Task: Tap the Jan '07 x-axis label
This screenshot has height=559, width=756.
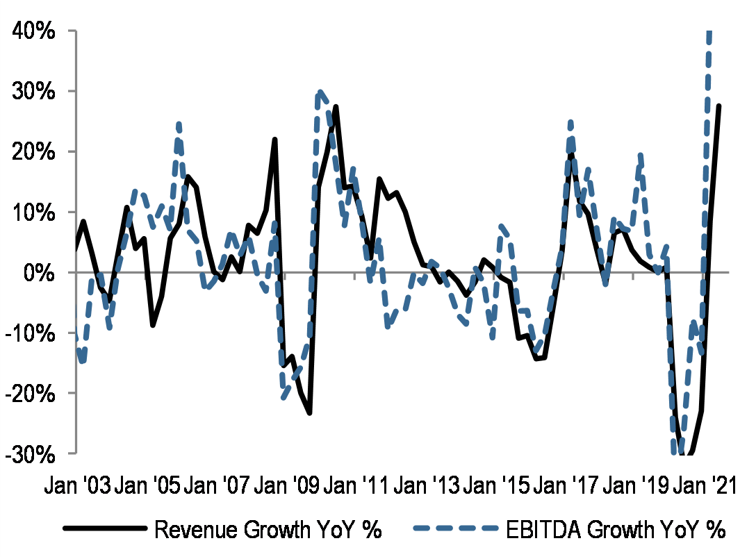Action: [215, 485]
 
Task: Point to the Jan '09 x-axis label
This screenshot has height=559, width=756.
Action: [286, 485]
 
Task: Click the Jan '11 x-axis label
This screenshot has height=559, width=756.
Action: [355, 485]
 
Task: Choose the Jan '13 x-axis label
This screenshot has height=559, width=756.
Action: [425, 485]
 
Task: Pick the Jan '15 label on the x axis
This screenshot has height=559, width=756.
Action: [495, 485]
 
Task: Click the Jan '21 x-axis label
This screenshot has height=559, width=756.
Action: [702, 485]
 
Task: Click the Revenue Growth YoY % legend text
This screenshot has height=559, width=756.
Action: [268, 530]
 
